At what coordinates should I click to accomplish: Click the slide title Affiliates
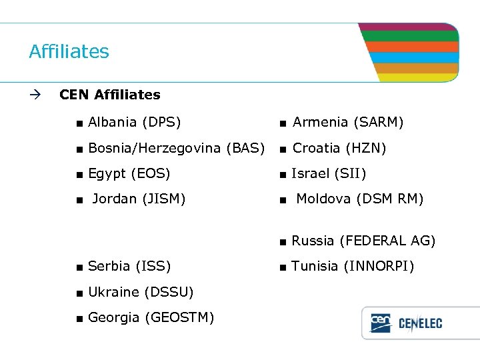click(x=69, y=51)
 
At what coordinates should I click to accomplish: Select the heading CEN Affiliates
click(x=109, y=95)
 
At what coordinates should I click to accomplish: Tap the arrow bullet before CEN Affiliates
click(x=35, y=95)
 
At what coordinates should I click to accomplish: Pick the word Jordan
click(x=115, y=198)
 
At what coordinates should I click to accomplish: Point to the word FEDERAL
click(x=374, y=240)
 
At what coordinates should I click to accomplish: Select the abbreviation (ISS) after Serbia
click(x=153, y=267)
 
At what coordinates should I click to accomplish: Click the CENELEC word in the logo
click(x=420, y=325)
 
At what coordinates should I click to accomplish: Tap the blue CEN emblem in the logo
click(x=381, y=323)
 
